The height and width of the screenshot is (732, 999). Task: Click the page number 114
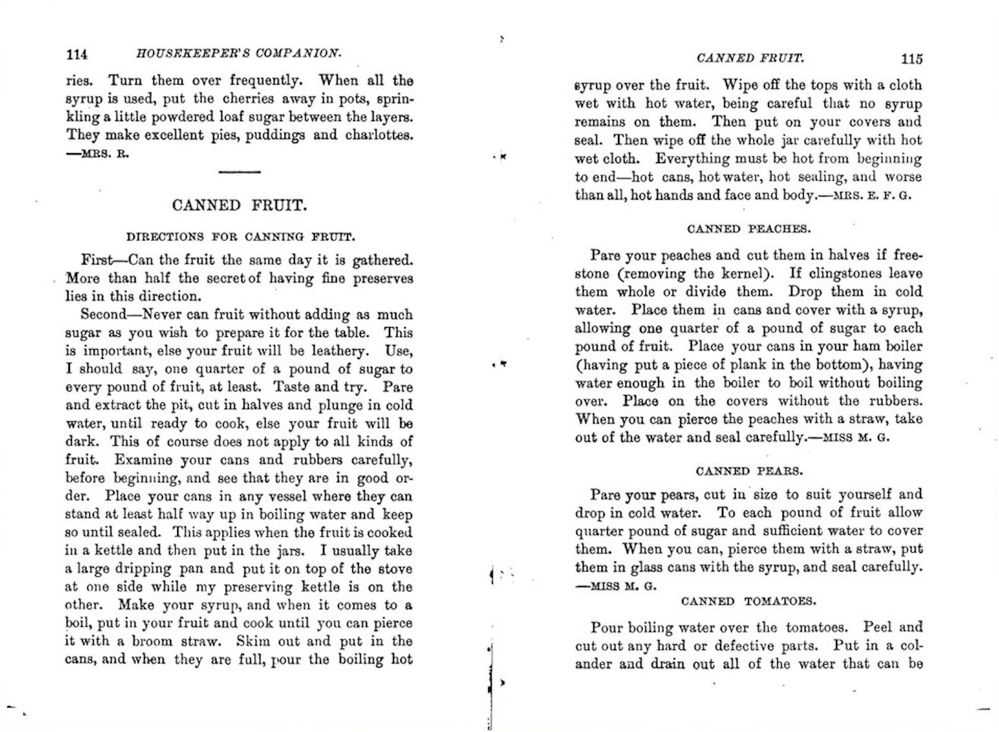(x=77, y=54)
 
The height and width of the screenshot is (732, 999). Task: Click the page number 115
(x=912, y=59)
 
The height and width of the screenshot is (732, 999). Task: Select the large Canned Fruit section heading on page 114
(x=240, y=205)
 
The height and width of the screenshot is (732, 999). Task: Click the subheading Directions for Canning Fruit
(x=240, y=236)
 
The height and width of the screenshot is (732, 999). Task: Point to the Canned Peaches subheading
(x=749, y=229)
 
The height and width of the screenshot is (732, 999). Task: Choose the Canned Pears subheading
(x=749, y=471)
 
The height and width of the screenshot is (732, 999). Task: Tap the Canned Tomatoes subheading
(x=749, y=601)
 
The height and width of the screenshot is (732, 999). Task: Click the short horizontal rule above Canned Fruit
(x=239, y=173)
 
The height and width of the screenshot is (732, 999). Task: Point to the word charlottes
(x=379, y=135)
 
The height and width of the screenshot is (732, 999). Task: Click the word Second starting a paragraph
(x=103, y=314)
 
